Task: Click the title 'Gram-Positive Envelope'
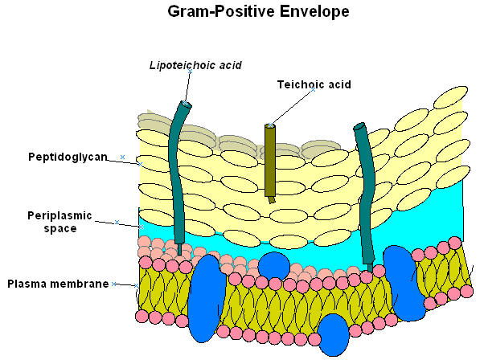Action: [x=258, y=11]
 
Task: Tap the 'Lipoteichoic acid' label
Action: [x=195, y=65]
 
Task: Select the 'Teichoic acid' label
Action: [x=314, y=84]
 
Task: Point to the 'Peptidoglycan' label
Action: [x=68, y=157]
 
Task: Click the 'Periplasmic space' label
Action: [x=59, y=222]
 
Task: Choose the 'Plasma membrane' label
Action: [x=58, y=284]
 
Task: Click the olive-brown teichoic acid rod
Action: [x=270, y=160]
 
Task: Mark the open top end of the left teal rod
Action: [x=185, y=104]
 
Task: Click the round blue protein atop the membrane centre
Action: [x=273, y=265]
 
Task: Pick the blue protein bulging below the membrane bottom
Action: [x=334, y=334]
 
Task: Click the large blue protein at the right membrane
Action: [x=403, y=283]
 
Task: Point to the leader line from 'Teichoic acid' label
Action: [x=292, y=108]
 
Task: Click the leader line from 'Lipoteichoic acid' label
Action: [x=187, y=87]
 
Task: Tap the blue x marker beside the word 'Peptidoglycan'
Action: [x=122, y=157]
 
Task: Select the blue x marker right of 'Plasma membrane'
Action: [x=113, y=284]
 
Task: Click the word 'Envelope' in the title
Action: [x=314, y=11]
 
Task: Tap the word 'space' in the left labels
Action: [x=60, y=229]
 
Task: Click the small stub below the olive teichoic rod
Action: [x=272, y=200]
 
